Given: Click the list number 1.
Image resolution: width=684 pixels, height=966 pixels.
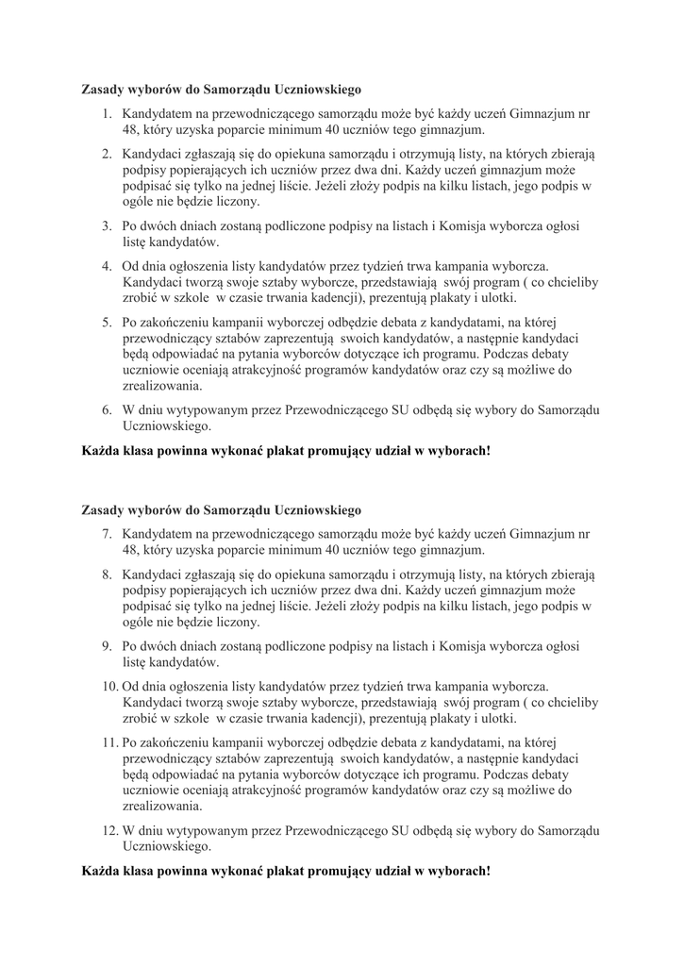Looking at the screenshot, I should click(x=107, y=112).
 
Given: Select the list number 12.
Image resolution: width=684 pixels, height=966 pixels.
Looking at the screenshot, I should click(x=108, y=831).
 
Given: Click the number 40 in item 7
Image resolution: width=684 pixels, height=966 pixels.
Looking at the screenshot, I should click(x=322, y=550).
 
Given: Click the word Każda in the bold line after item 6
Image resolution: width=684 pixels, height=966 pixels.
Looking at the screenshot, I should click(x=98, y=450).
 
